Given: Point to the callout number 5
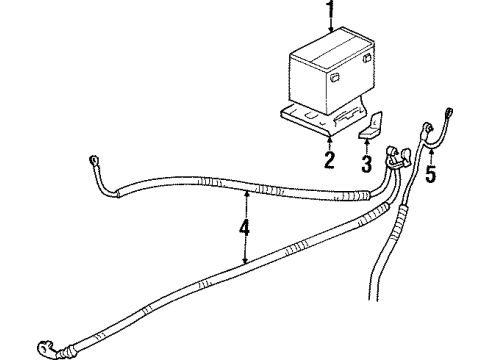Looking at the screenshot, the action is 431,176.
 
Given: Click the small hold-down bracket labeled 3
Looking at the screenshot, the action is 369,129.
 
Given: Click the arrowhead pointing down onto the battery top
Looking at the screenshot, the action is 330,29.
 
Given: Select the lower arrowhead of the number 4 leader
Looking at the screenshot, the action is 246,262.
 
